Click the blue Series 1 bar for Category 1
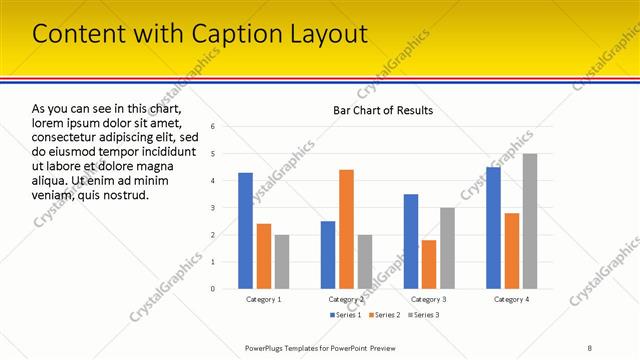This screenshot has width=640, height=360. click(x=245, y=230)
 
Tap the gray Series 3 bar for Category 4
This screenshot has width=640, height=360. click(x=530, y=220)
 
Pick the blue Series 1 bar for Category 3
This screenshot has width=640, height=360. click(x=411, y=240)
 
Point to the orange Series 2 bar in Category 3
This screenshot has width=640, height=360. click(x=429, y=264)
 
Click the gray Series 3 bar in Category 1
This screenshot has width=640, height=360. click(x=282, y=261)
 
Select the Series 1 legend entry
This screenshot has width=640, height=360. click(x=345, y=316)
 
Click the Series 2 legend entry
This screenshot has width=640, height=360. click(x=384, y=316)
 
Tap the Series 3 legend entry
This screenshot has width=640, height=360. click(x=423, y=316)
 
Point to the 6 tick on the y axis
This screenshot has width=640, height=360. click(x=212, y=126)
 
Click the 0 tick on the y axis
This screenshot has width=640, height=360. click(x=212, y=289)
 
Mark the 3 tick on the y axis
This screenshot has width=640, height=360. click(x=212, y=208)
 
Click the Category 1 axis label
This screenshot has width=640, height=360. click(x=264, y=299)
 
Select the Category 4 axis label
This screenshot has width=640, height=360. click(x=511, y=299)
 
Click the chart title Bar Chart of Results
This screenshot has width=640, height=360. click(x=383, y=110)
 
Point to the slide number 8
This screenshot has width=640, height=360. click(x=590, y=347)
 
